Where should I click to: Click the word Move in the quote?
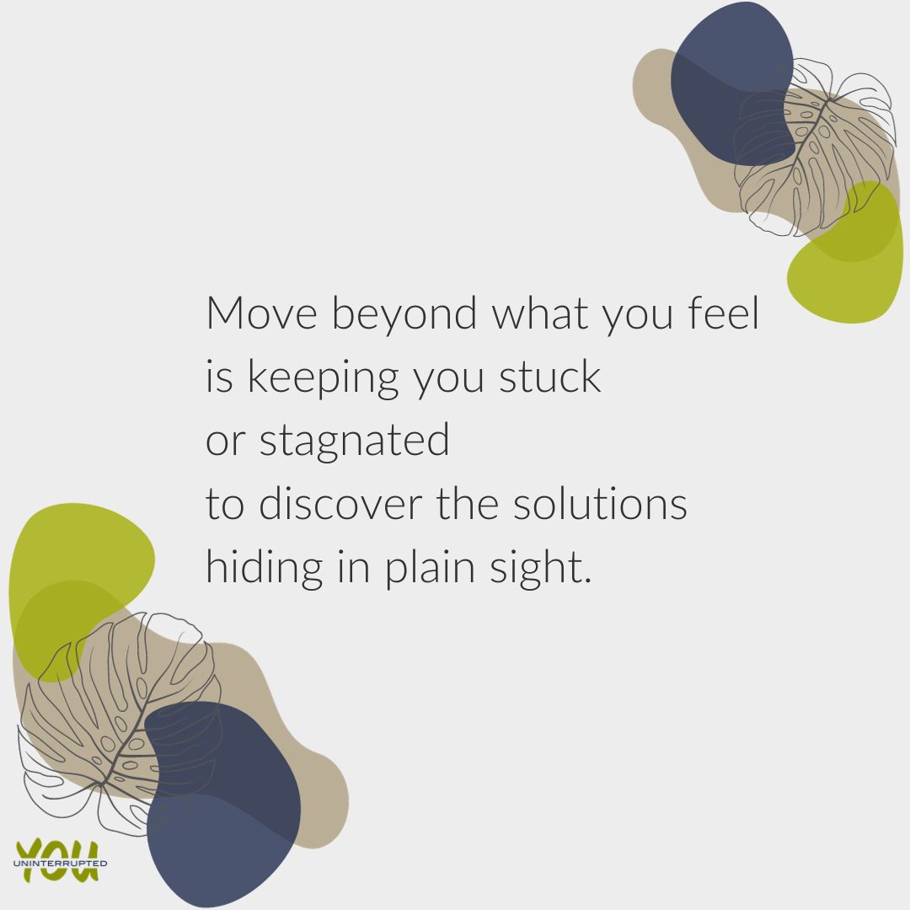coord(261,313)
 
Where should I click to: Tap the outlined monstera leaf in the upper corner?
coord(813,152)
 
